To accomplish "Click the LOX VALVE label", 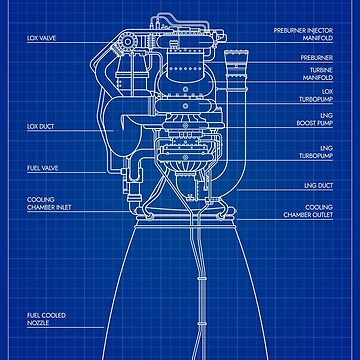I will (41, 40).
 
